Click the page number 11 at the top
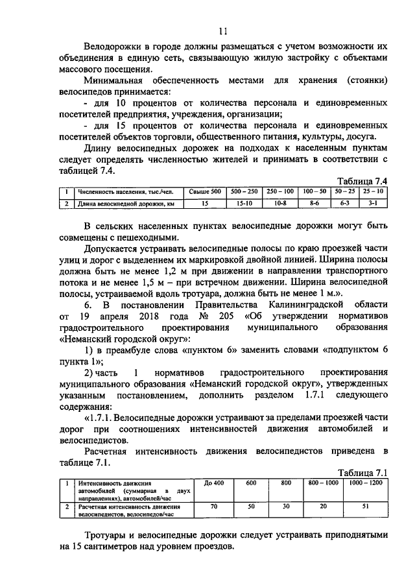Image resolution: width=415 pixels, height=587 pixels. point(224,30)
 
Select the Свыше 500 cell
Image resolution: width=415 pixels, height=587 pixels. point(204,192)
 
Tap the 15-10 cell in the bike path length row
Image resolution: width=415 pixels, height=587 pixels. point(244,204)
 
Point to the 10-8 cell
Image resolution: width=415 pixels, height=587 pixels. point(279,204)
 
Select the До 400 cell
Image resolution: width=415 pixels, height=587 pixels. point(213,483)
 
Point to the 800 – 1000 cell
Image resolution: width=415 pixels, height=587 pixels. point(323,483)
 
